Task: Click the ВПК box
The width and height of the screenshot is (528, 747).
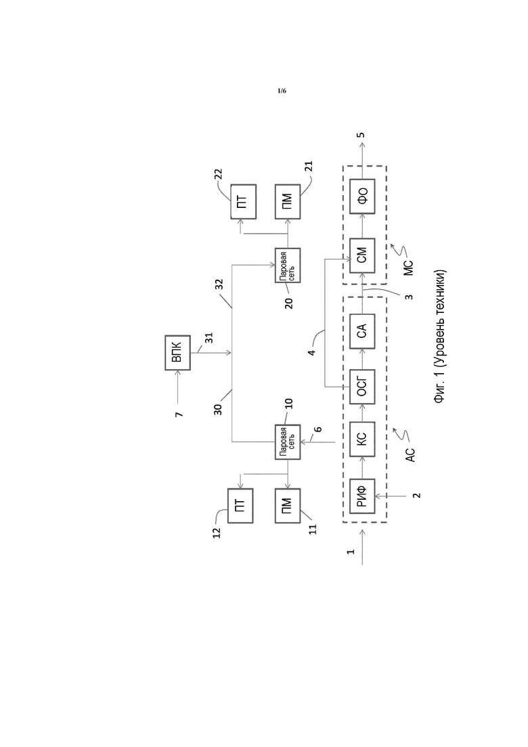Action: [177, 353]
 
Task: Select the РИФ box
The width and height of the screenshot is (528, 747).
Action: [362, 496]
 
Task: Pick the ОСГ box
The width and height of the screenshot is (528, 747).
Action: [362, 386]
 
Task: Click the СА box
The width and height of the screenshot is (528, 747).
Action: [362, 330]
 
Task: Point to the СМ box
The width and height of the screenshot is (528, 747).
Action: [362, 256]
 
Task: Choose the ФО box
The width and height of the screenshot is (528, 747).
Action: [362, 197]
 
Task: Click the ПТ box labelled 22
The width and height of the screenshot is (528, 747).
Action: [243, 202]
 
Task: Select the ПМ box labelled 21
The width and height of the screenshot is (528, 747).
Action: [288, 202]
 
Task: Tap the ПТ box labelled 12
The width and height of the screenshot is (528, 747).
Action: [240, 505]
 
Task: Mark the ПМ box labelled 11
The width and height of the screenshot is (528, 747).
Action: [288, 505]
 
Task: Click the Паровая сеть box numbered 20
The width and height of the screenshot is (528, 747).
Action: [288, 265]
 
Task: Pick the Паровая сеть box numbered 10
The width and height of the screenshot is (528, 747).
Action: [288, 442]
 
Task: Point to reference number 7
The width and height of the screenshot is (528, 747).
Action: [179, 414]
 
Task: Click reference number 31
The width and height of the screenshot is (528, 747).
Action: [209, 338]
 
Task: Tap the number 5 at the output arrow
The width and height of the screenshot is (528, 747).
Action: [362, 135]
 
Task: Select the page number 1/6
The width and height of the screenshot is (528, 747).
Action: [282, 91]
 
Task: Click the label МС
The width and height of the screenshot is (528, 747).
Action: [409, 268]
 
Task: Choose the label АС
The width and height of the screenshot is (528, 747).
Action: [411, 454]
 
